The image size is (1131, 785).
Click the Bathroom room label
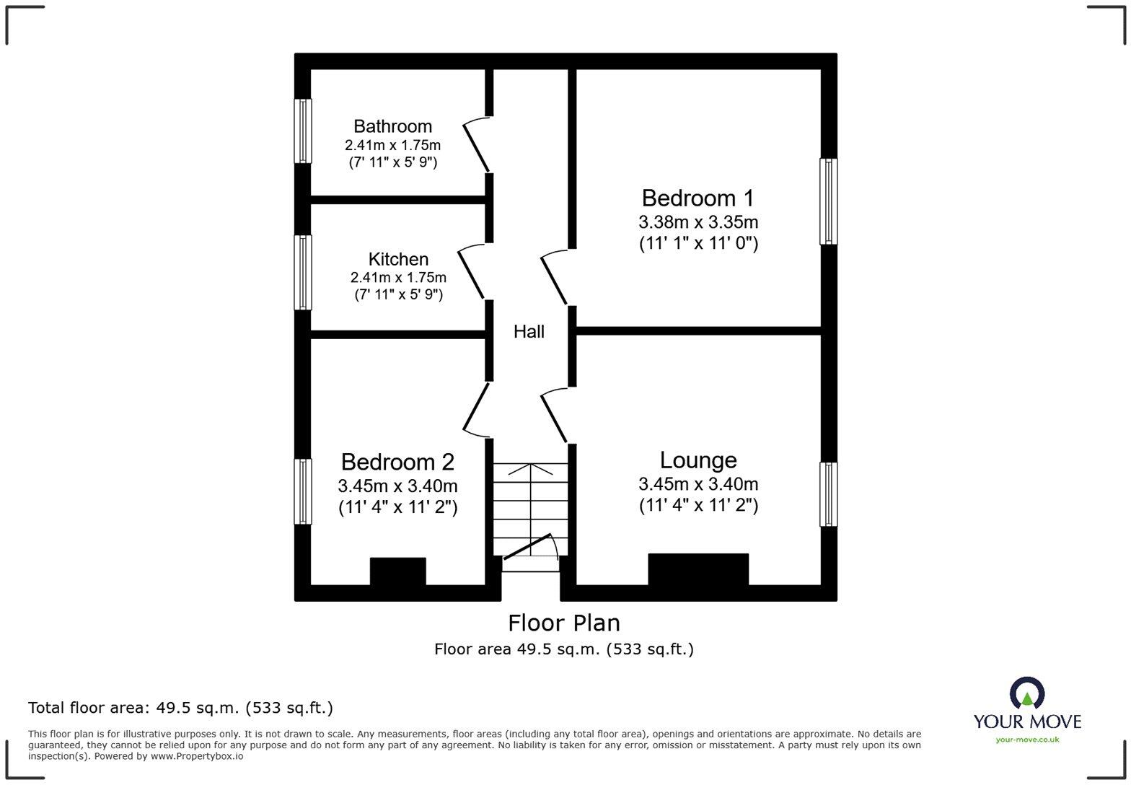tap(392, 126)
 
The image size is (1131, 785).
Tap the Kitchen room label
tap(398, 259)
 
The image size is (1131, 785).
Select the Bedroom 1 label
tap(697, 198)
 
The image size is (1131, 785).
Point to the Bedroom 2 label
tap(397, 462)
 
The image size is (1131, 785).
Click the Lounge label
tap(698, 460)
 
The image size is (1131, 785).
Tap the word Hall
tap(529, 331)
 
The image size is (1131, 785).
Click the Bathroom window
tap(302, 131)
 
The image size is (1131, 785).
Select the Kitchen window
tap(302, 272)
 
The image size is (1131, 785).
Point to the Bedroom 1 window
tap(828, 201)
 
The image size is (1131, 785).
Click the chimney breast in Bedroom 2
tap(398, 571)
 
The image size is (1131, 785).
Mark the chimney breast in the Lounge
tap(698, 569)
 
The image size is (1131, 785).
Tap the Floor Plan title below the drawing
tap(564, 623)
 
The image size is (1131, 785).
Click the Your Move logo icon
tap(1027, 693)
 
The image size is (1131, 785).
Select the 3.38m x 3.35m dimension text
tap(698, 222)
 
